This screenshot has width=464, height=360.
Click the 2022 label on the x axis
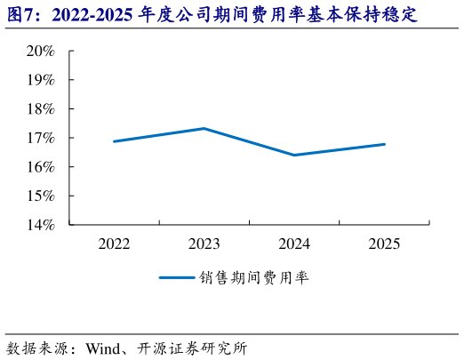pos(115,244)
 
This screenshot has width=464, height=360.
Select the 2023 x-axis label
pos(204,244)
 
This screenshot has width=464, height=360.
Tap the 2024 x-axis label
pos(294,244)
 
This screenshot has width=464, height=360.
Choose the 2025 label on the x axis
pos(384,244)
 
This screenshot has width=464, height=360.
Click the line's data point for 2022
pos(115,141)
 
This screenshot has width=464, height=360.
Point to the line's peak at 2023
pos(204,128)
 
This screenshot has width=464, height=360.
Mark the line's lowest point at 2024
pos(294,155)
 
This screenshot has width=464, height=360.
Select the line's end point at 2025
pos(384,144)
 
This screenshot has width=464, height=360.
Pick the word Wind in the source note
pos(104,347)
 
